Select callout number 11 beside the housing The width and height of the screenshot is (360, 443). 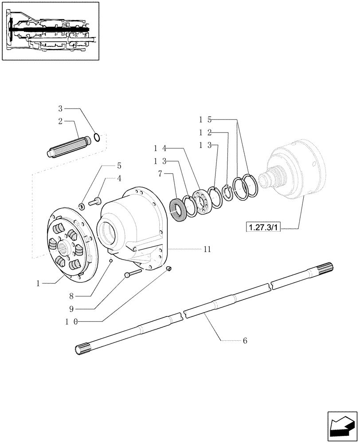click(x=207, y=249)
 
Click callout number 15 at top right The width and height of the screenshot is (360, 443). click(x=205, y=120)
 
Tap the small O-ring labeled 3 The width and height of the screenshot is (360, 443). click(x=97, y=136)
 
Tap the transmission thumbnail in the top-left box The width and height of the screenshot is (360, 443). click(x=50, y=31)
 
